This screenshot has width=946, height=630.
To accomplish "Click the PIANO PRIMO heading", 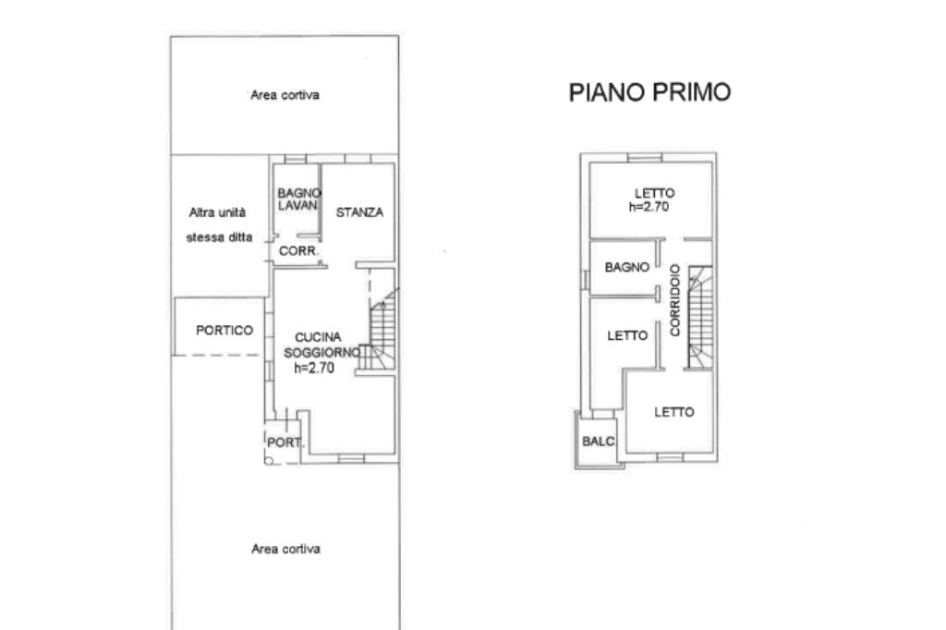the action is (x=649, y=92).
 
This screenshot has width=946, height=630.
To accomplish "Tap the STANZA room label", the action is (x=359, y=212).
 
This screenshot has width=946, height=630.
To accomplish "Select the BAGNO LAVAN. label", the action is (x=299, y=200).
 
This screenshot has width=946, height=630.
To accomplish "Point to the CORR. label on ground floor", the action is (x=298, y=251).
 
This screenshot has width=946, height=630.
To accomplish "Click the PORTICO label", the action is (x=224, y=330).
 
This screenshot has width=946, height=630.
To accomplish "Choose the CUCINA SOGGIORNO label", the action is (x=321, y=345).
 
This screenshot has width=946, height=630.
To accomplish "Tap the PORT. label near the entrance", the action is (x=285, y=442).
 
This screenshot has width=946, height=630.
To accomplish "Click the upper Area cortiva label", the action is (x=285, y=95).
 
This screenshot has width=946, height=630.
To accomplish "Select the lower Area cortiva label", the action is (x=286, y=549).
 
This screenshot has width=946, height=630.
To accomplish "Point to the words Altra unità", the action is (x=217, y=212).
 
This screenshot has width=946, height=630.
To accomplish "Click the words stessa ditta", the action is (x=219, y=237).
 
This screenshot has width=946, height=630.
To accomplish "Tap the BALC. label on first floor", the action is (x=599, y=442).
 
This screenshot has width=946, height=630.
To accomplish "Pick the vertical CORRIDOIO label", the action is (x=675, y=300).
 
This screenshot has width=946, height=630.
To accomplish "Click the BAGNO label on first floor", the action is (x=627, y=267).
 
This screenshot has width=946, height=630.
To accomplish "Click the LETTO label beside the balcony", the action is (x=674, y=412).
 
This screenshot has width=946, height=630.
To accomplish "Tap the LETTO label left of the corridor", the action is (x=627, y=335).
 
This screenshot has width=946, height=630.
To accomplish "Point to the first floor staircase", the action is (x=700, y=318).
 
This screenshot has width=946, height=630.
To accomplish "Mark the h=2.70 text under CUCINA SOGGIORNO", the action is (x=314, y=368).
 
